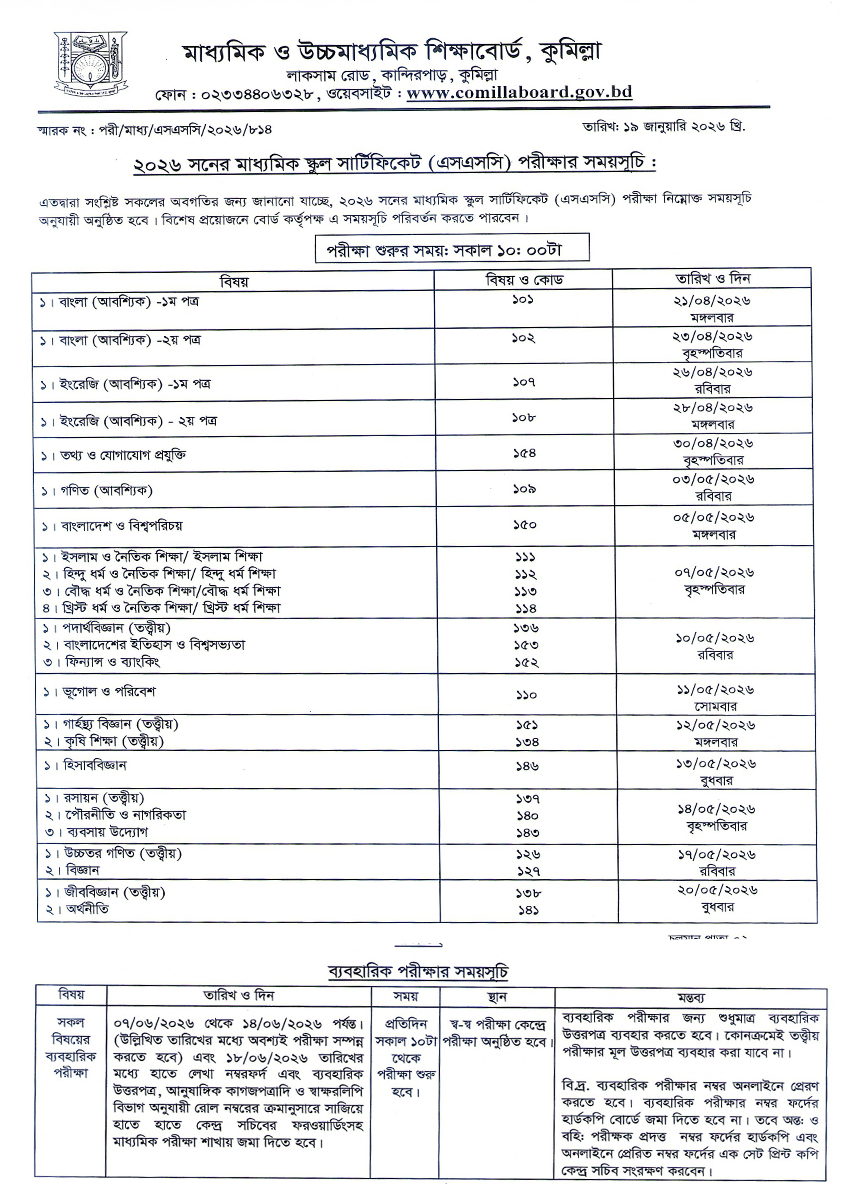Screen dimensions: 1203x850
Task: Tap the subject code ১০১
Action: click(x=523, y=300)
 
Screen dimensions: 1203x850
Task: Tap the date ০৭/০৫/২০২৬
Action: click(x=714, y=573)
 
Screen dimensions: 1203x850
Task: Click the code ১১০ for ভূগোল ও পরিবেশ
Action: click(x=525, y=695)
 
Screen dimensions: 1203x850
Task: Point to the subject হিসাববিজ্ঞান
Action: click(x=95, y=765)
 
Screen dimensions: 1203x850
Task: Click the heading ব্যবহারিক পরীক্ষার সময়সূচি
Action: click(x=418, y=972)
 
